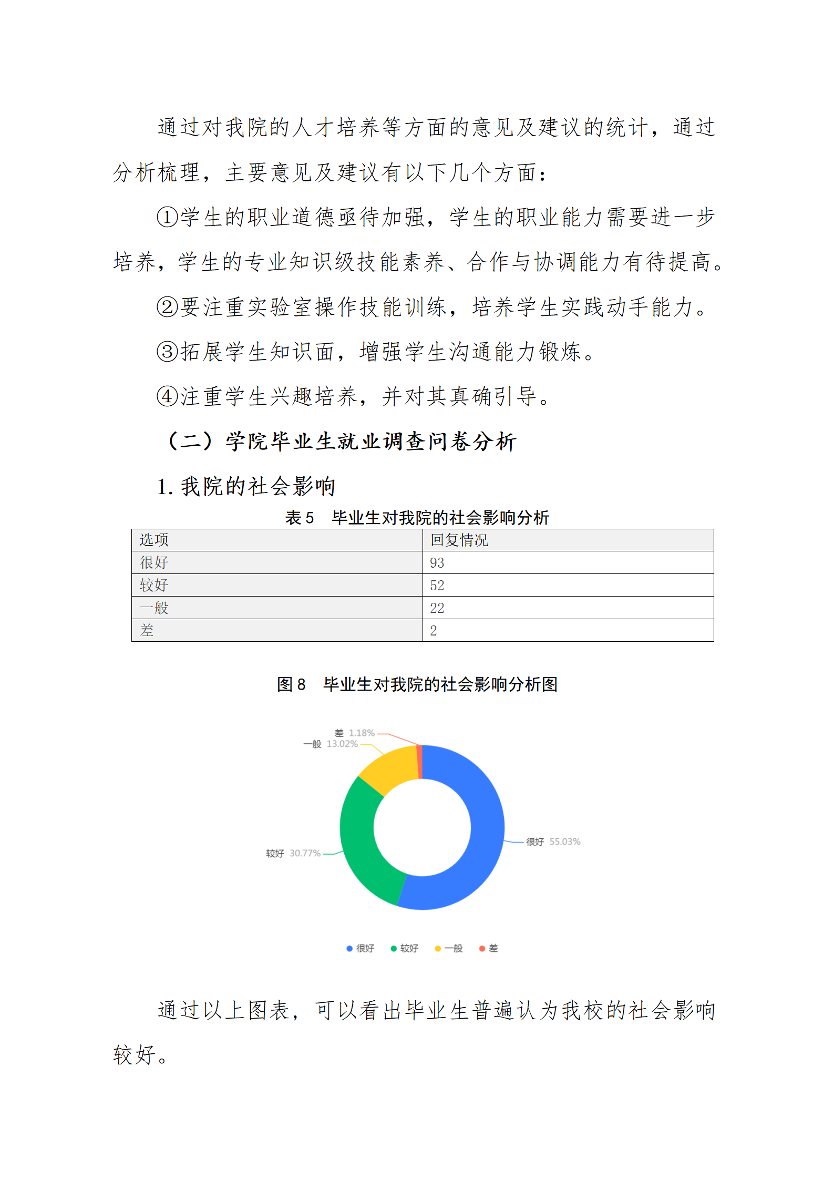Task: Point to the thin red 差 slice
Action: pyautogui.click(x=419, y=762)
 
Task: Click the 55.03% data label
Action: pyautogui.click(x=564, y=842)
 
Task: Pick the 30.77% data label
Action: pyautogui.click(x=305, y=853)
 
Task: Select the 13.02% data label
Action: pyautogui.click(x=342, y=744)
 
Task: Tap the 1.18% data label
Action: pyautogui.click(x=362, y=733)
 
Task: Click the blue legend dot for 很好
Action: pyautogui.click(x=349, y=948)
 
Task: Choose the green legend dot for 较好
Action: pyautogui.click(x=394, y=948)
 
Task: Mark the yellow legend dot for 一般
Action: pyautogui.click(x=438, y=948)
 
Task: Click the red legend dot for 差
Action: pyautogui.click(x=482, y=948)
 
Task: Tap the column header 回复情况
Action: pyautogui.click(x=459, y=540)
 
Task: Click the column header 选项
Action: pyautogui.click(x=153, y=540)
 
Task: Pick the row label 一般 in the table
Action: pyautogui.click(x=153, y=608)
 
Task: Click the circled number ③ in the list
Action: pyautogui.click(x=168, y=351)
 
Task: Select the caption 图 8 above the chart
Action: pyautogui.click(x=291, y=684)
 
